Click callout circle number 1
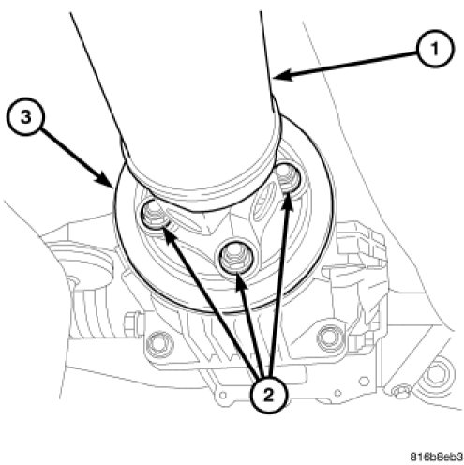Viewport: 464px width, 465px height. click(435, 49)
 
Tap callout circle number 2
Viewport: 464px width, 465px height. click(268, 396)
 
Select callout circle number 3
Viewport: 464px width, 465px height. click(26, 117)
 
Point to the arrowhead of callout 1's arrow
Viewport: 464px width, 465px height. click(283, 76)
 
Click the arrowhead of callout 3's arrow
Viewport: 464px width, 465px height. click(106, 180)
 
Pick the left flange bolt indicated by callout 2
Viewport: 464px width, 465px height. click(154, 216)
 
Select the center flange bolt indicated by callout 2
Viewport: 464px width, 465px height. click(233, 258)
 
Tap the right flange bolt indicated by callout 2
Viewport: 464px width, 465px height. click(286, 179)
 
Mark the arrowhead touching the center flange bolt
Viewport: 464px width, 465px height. click(240, 281)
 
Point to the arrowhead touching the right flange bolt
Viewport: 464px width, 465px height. click(287, 202)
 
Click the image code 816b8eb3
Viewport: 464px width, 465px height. click(436, 457)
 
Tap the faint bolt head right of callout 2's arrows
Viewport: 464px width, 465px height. click(329, 338)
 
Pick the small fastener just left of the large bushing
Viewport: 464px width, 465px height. click(399, 392)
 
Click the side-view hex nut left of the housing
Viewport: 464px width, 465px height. click(133, 323)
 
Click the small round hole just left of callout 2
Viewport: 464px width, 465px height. click(223, 395)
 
